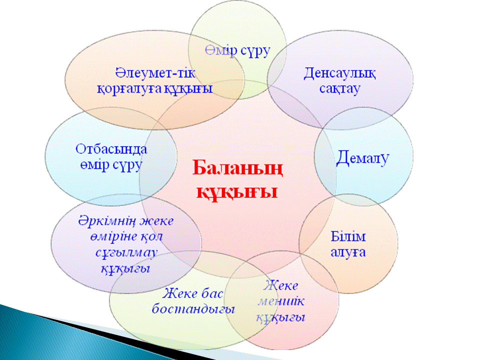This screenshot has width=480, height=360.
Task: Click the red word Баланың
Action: click(x=237, y=168)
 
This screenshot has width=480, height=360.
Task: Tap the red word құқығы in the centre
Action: click(x=237, y=192)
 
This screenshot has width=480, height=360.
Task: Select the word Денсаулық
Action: click(x=339, y=74)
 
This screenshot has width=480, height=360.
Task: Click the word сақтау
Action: click(x=340, y=89)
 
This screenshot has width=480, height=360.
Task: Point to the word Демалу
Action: click(x=362, y=157)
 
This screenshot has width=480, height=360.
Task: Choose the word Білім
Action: click(x=348, y=236)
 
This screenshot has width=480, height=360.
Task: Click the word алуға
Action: click(x=348, y=252)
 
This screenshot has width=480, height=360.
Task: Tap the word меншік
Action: click(x=281, y=301)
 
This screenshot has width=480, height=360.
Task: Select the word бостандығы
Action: click(x=193, y=308)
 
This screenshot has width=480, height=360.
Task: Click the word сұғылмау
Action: click(x=126, y=253)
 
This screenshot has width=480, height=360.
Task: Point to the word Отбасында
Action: click(x=111, y=149)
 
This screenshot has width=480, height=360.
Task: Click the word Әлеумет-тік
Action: click(x=155, y=73)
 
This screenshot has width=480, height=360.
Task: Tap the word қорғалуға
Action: click(x=129, y=89)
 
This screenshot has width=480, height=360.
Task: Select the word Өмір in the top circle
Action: click(x=221, y=50)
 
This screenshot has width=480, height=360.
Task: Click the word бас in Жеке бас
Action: click(x=211, y=293)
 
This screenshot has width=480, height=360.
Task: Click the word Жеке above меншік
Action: click(x=280, y=285)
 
